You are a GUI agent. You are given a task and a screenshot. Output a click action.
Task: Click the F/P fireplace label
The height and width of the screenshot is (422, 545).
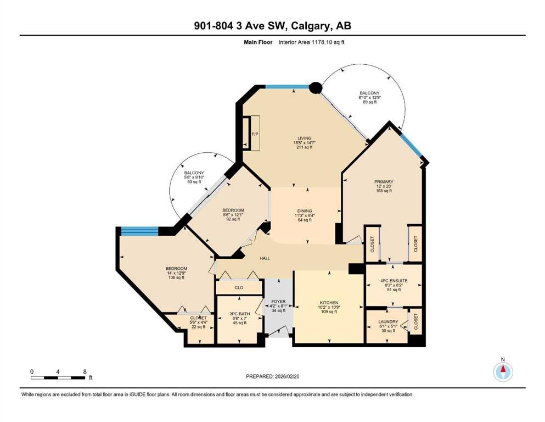[255, 134]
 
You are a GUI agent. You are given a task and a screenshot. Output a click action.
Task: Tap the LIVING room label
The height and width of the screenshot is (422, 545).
[304, 138]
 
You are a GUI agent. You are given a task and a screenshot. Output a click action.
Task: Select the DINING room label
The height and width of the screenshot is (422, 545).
[305, 211]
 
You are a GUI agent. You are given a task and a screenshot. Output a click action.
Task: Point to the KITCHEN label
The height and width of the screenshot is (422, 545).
[328, 303]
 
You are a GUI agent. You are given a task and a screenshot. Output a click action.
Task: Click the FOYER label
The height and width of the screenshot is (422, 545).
[278, 302]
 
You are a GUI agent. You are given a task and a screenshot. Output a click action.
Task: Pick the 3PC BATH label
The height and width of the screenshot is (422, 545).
[240, 314]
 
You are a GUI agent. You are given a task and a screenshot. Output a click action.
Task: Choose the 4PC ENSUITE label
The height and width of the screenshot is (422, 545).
[394, 280]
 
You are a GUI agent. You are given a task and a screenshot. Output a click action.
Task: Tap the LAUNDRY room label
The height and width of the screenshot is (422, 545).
[388, 322]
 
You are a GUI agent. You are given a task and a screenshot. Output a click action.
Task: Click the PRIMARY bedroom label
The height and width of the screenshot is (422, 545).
[384, 181]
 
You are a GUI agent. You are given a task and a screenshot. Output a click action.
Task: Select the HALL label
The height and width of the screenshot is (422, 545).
[265, 258]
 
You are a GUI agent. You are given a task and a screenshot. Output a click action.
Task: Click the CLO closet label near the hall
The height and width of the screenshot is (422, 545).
[239, 288]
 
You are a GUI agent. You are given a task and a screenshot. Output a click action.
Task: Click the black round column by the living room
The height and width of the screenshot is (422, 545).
[316, 88]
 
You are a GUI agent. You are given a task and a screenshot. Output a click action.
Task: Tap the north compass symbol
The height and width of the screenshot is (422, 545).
[503, 371]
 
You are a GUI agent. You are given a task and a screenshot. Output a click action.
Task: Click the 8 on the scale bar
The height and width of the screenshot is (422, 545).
[85, 371]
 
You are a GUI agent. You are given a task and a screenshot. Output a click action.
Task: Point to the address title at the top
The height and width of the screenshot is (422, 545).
[272, 26]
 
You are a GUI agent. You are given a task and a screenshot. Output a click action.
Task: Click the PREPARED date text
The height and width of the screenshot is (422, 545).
[272, 376]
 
